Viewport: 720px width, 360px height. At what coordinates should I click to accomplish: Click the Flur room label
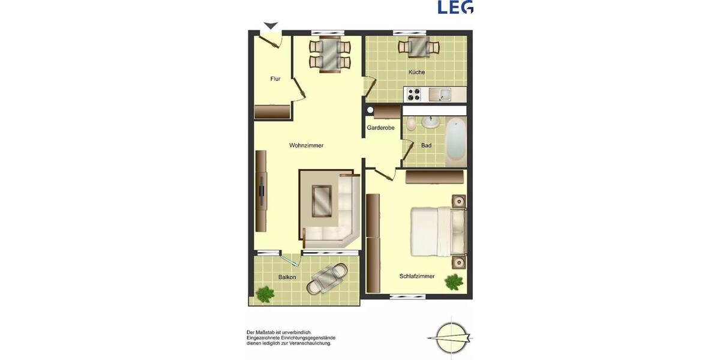coord(275,79)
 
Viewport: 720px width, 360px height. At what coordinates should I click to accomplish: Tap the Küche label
coord(416,72)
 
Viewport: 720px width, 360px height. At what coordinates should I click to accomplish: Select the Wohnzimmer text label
coord(306,145)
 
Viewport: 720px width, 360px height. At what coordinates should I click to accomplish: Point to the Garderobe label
coord(380,127)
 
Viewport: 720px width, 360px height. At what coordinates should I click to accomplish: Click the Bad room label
coord(426,145)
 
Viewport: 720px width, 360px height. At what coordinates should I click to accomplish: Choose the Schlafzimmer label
coord(417,276)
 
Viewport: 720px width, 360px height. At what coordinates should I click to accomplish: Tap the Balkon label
coord(287,277)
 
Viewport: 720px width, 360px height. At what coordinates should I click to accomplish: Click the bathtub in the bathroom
coord(456,141)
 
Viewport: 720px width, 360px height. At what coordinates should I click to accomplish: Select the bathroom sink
coord(430,122)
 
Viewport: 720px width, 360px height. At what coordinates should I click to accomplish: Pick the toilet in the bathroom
coord(410,124)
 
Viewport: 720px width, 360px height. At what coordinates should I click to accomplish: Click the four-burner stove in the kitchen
coord(413,94)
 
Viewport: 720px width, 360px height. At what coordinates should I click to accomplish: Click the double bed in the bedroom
coord(435,231)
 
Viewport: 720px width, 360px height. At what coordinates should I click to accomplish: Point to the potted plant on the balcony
coord(265,293)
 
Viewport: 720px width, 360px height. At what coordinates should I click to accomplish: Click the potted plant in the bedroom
coord(454,281)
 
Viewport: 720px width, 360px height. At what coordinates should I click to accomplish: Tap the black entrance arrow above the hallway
coord(271,26)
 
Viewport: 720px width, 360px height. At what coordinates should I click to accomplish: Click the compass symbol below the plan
coord(451,338)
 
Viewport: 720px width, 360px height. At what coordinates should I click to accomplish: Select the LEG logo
coord(455,7)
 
